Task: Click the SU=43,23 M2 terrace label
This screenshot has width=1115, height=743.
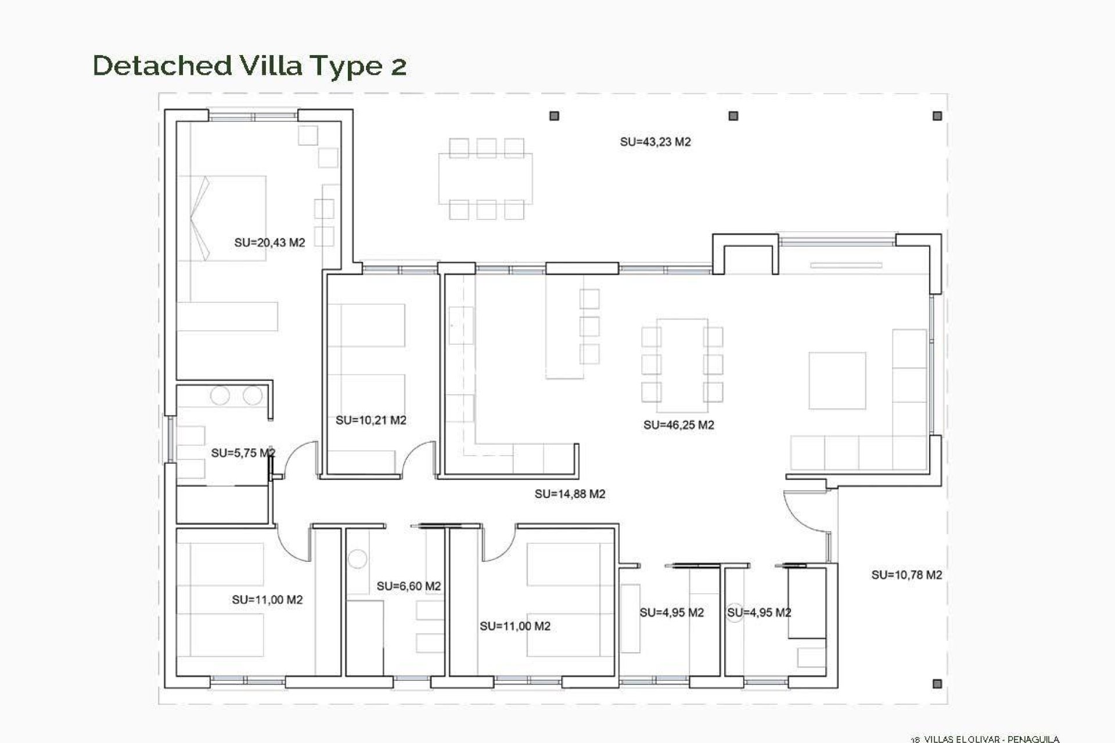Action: point(655,142)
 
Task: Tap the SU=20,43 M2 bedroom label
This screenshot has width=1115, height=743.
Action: point(269,243)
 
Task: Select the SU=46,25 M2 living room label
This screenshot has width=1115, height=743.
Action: point(678,425)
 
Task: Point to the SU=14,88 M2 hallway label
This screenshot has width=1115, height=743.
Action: point(570,494)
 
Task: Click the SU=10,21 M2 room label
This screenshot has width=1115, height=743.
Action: point(371,420)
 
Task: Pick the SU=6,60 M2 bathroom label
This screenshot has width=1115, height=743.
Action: point(408,586)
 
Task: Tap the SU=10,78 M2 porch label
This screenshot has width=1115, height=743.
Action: point(906,575)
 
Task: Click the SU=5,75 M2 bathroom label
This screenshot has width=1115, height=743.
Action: point(243,453)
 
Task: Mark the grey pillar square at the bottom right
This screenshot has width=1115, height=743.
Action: point(937,684)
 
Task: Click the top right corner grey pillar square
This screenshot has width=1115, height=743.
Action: point(937,116)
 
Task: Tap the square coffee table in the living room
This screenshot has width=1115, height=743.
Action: point(837,380)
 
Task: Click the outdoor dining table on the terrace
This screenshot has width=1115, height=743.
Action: point(485,179)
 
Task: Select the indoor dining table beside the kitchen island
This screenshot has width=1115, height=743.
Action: point(682,360)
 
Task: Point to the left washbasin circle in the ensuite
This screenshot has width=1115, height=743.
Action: point(220,396)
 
